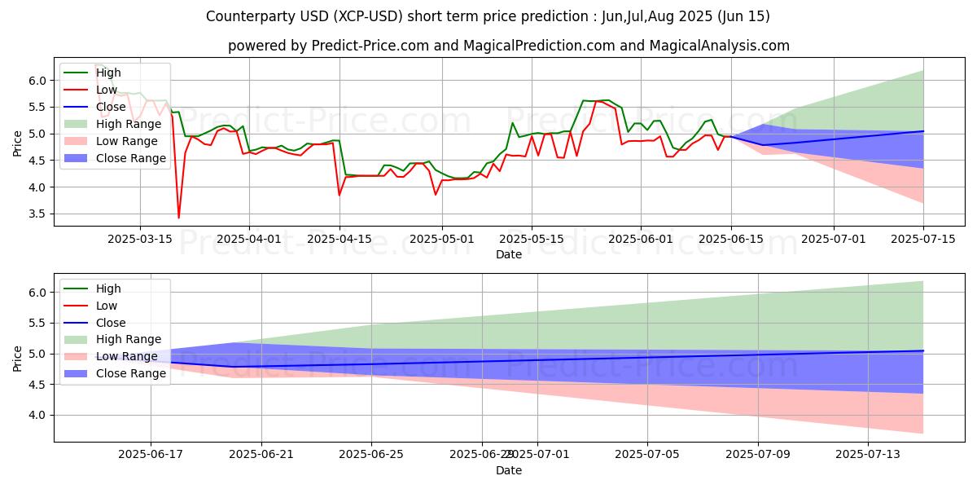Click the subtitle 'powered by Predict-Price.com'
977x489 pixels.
pos(508,46)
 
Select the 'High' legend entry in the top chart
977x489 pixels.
pos(108,73)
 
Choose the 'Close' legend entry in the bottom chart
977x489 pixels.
pos(111,323)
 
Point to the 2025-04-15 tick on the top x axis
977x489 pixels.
pos(340,239)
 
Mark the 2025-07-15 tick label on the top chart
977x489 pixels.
pos(923,239)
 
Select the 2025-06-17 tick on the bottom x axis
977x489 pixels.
pos(151,455)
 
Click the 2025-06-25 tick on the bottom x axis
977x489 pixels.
pos(371,455)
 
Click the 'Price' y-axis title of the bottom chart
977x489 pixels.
pos(18,358)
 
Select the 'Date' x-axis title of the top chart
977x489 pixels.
pos(509,254)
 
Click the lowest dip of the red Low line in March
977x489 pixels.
pos(178,218)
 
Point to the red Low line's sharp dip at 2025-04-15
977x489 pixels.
pos(340,195)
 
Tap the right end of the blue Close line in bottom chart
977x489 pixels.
pos(923,350)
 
